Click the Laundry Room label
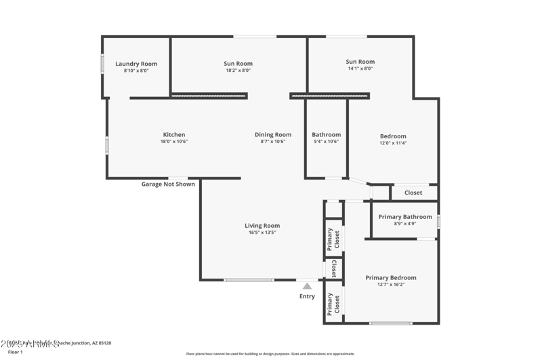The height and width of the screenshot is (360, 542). pos(135,64)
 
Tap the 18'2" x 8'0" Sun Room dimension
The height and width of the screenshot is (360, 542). pos(238,71)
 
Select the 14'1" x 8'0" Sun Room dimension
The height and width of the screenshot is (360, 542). pos(360,68)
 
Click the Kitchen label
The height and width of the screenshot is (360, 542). pos(174,134)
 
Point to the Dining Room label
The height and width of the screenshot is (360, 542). pos(273,134)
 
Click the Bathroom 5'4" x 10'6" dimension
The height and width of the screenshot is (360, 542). pos(326,142)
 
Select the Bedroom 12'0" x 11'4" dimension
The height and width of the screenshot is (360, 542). pos(393,143)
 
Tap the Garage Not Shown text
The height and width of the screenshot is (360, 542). pos(168,184)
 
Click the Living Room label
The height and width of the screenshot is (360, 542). pos(262,226)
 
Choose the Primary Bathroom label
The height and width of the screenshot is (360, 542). pos(405,217)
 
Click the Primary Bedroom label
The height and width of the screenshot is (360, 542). pos(391,277)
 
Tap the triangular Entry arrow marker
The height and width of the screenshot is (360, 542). pos(307,286)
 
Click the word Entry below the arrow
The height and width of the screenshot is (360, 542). pos(307,296)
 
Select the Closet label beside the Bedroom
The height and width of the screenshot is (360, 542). pos(413,193)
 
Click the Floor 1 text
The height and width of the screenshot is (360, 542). pos(16,353)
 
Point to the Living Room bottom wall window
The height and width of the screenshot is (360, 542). pos(249,280)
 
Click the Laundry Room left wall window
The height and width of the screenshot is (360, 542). pos(102,64)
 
